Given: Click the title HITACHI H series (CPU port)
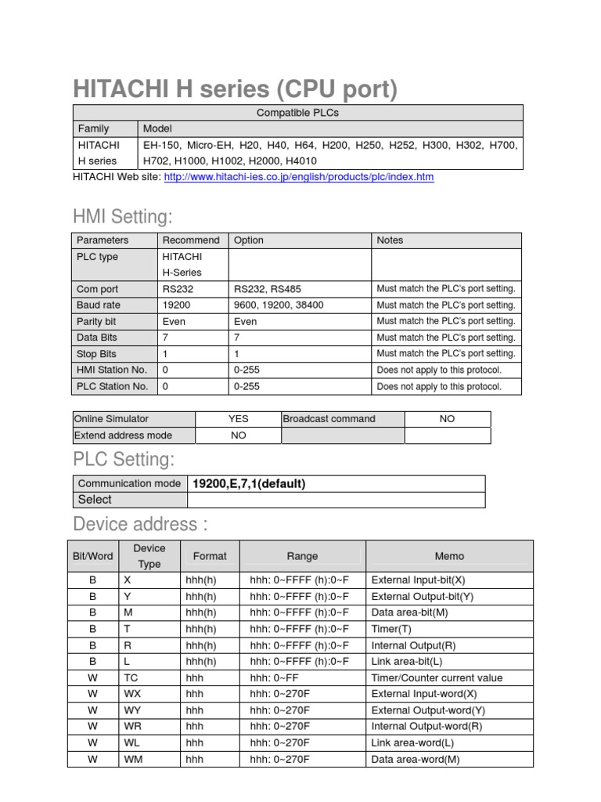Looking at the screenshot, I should (235, 89).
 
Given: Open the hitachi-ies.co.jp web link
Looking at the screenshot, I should (298, 177).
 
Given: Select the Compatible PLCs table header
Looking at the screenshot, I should (297, 113).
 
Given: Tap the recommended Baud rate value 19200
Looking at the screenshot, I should (176, 305).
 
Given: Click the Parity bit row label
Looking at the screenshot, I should (97, 321).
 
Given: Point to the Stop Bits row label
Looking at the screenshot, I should (96, 353).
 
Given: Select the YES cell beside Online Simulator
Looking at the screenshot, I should (238, 419).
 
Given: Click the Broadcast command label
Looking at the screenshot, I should (329, 419).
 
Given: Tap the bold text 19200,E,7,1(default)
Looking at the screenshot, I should (249, 483).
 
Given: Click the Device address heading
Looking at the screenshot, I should (140, 523).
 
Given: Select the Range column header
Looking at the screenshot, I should (302, 556).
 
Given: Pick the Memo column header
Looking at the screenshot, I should (449, 556).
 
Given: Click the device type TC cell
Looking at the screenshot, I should (131, 677).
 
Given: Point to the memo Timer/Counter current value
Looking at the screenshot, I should (437, 677).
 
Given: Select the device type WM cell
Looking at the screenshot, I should (133, 759).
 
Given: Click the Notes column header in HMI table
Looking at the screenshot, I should (390, 240).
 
